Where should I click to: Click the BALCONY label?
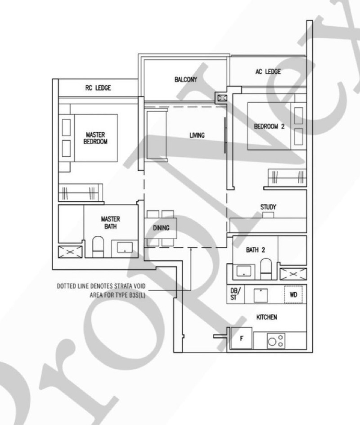click(185, 79)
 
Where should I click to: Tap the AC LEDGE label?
click(268, 72)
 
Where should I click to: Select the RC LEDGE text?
click(98, 88)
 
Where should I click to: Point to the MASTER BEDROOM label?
click(95, 138)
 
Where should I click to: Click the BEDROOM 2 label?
click(269, 127)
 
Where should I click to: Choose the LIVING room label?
click(197, 135)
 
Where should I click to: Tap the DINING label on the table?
click(161, 228)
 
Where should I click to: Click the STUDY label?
click(268, 207)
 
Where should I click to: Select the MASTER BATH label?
click(111, 222)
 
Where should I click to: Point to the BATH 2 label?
click(256, 249)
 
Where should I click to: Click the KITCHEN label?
click(266, 317)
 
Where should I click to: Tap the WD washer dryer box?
click(293, 294)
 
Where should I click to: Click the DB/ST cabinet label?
click(234, 294)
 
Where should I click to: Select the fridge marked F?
click(241, 338)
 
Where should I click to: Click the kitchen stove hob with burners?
click(276, 341)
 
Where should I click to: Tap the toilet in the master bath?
click(98, 247)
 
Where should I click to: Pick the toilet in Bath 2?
click(266, 269)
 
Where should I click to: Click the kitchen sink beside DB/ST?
click(261, 295)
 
